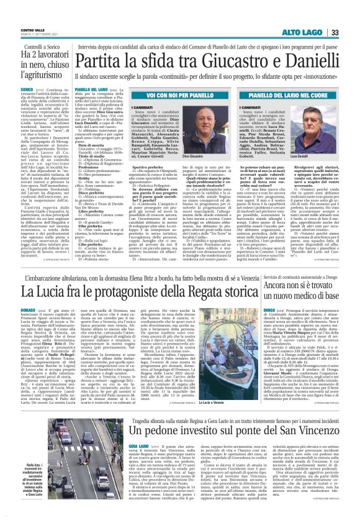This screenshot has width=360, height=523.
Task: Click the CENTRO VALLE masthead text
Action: (32, 28)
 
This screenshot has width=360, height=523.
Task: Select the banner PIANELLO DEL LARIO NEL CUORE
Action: (285, 96)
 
